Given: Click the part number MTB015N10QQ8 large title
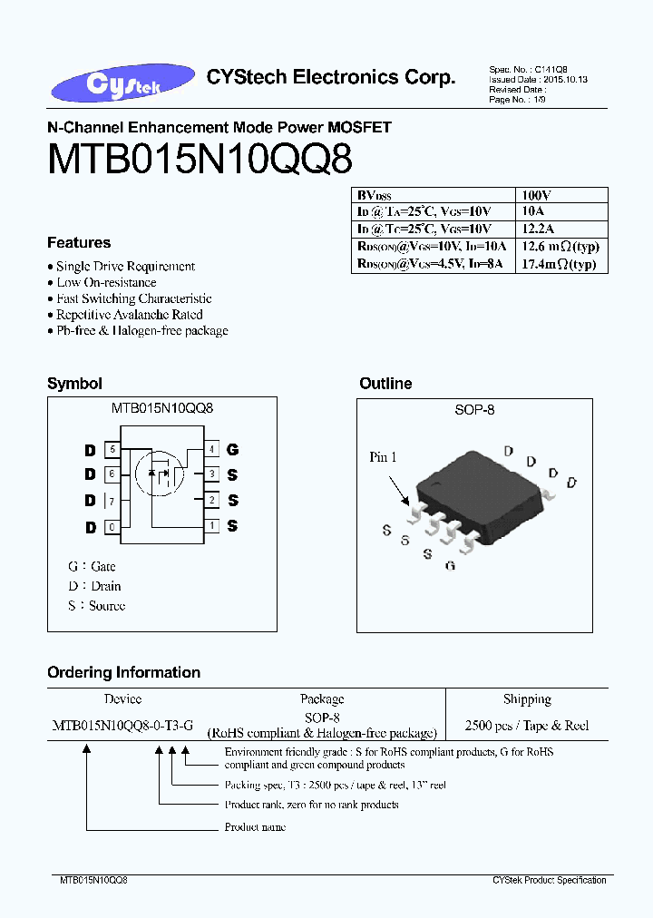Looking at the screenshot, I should (x=199, y=161).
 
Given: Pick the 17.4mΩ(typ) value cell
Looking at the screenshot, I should (x=560, y=264).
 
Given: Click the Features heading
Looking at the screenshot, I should (x=79, y=243).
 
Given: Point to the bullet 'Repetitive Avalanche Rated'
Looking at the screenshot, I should (x=129, y=315).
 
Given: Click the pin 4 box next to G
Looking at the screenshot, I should (x=211, y=449).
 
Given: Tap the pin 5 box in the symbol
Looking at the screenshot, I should (x=112, y=449).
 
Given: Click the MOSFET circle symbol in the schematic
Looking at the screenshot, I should (x=159, y=472).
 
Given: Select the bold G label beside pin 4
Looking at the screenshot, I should (x=233, y=449).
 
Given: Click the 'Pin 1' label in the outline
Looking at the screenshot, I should (x=383, y=457).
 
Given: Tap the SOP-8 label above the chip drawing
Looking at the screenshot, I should (x=474, y=410).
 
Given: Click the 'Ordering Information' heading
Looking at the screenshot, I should (x=123, y=673).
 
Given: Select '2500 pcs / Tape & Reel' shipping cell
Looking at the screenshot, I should (x=527, y=726).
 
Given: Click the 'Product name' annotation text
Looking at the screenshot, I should (x=255, y=827).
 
